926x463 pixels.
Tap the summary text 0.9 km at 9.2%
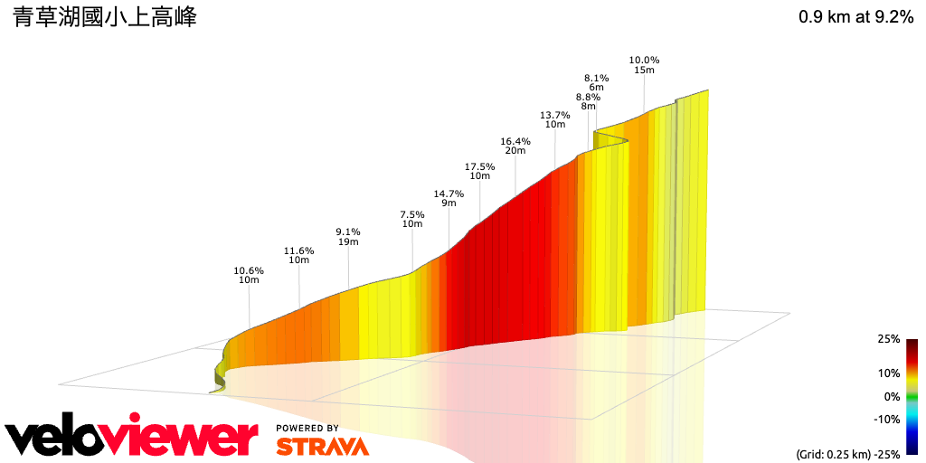point(855,17)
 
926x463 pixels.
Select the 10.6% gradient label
point(249,270)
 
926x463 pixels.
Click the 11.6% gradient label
point(298,250)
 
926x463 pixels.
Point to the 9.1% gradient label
point(348,231)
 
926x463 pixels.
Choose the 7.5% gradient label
point(412,214)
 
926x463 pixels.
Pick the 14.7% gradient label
point(449,194)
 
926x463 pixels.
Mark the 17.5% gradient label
point(479,166)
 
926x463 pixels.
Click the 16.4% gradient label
point(515,141)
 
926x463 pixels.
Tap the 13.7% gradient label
point(555,115)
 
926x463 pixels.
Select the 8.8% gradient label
point(588,97)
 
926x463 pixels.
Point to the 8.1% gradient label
point(596,78)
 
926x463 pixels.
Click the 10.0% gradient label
point(644,60)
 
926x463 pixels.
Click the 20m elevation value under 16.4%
point(515,151)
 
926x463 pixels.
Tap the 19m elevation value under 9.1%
point(348,241)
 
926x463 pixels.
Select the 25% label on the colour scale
point(888,339)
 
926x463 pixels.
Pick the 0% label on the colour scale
point(892,396)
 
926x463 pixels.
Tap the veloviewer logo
point(131,438)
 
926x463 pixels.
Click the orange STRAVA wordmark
point(322,446)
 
